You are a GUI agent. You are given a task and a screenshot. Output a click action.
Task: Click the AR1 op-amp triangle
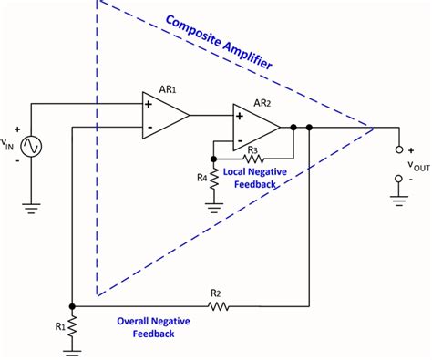point(162,116)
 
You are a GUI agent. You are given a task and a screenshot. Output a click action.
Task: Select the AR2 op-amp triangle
point(252,127)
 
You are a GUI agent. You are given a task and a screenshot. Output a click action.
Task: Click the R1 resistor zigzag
point(73,326)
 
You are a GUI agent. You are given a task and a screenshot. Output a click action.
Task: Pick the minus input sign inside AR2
point(239,139)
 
